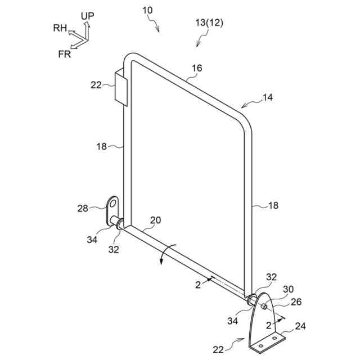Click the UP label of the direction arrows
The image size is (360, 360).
coord(87,15)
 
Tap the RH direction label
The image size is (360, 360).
coord(61,28)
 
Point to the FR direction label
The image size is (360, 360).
coord(65,54)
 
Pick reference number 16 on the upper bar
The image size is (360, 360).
coord(196,68)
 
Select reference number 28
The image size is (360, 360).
coord(82,209)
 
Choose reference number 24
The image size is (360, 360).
coord(300,326)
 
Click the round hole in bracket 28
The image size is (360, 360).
coord(114,201)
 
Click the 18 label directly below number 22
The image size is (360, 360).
coord(101,146)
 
